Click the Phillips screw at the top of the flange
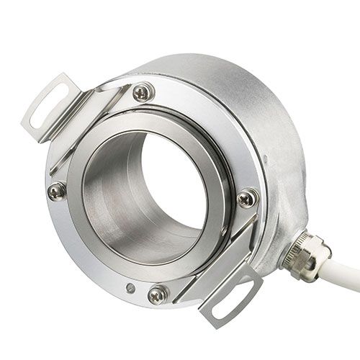(x=143, y=91)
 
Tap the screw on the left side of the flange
(x=57, y=190)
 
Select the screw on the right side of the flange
(x=247, y=196)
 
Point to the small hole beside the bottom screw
(x=130, y=287)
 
